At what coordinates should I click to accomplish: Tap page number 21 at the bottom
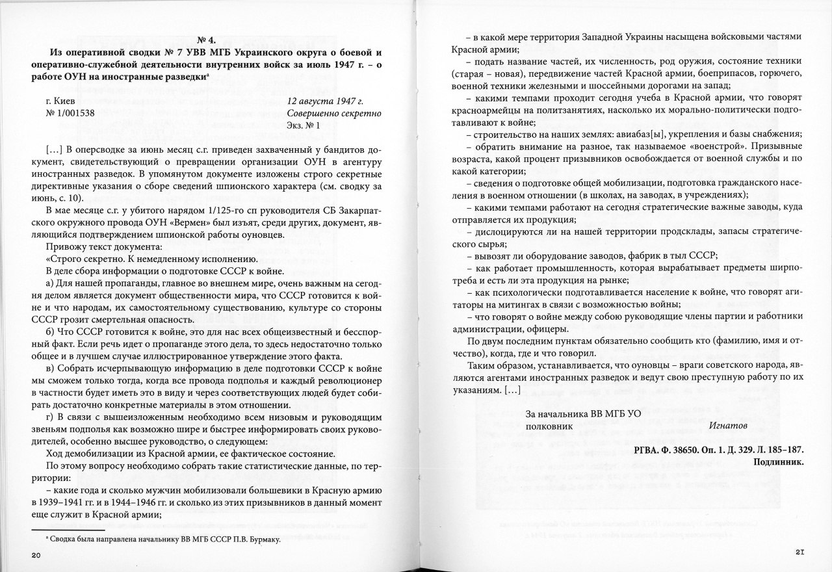[x=800, y=552]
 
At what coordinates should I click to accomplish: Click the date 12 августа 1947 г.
[x=325, y=101]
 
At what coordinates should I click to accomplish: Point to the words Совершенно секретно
[x=334, y=113]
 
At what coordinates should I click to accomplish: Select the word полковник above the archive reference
[x=549, y=426]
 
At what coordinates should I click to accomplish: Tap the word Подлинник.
[x=779, y=462]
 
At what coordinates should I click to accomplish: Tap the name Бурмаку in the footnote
[x=256, y=539]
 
